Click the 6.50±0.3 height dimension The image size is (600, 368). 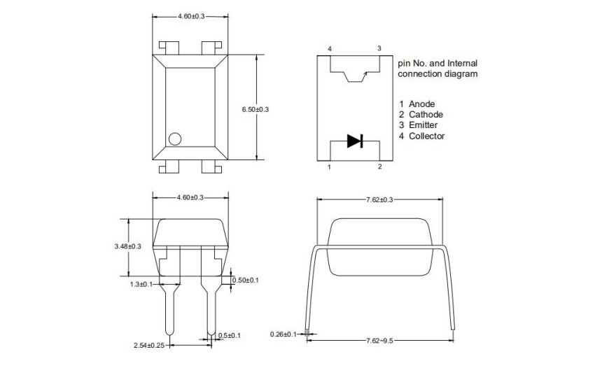[255, 110]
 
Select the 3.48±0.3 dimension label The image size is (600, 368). [127, 246]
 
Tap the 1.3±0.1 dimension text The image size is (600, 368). [141, 284]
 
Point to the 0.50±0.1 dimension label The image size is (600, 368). [245, 280]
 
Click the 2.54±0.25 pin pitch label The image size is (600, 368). [149, 345]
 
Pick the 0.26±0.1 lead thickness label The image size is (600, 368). [284, 334]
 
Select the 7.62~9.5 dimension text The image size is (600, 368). [379, 340]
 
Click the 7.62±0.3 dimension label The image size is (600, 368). [379, 199]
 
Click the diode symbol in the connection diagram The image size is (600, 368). [355, 141]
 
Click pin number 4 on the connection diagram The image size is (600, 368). [330, 48]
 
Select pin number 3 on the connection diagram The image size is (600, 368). [379, 48]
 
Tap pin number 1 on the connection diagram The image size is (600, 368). [330, 167]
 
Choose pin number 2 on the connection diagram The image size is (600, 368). [379, 167]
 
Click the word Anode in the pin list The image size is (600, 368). [422, 104]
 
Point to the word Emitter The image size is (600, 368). [424, 125]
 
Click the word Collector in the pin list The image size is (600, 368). [426, 136]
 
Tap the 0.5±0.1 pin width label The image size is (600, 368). [229, 336]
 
